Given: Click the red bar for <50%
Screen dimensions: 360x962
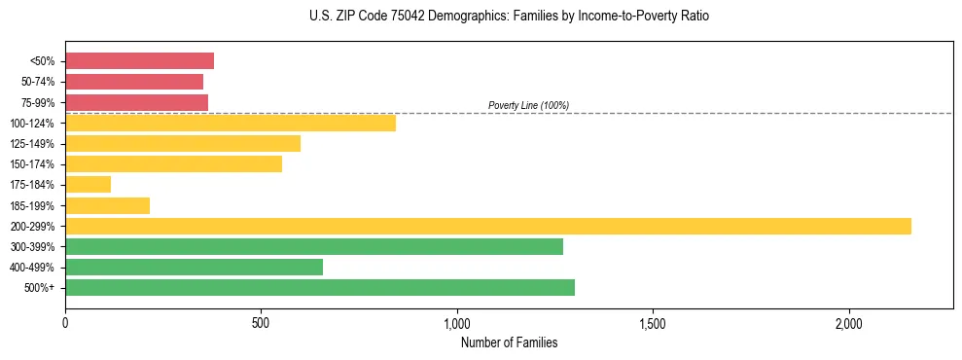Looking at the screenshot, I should pos(139,61).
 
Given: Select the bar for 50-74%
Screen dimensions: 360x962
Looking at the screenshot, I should pos(134,82).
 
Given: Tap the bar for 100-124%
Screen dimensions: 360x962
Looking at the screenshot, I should pos(231,123).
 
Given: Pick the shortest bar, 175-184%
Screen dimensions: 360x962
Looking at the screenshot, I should pos(89,184).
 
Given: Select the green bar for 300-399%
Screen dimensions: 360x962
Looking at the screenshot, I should pos(314,246).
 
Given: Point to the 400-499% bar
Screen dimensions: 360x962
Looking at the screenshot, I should pos(194,267).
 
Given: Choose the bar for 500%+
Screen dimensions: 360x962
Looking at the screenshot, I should pos(320,287).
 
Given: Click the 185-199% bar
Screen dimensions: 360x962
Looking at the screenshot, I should pos(107,205).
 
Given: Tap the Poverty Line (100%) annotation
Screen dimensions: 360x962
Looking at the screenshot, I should pos(528,105).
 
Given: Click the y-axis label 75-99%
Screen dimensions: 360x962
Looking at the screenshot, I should pos(38,103).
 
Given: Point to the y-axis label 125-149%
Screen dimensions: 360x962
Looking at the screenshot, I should pos(33,144).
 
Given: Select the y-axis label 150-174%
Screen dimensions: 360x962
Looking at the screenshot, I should pos(33,164).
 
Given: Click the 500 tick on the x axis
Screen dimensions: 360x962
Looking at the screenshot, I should pos(261,323).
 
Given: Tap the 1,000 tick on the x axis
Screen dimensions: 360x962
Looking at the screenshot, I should pos(457,323).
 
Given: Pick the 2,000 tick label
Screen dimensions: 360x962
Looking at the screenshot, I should pos(848,323).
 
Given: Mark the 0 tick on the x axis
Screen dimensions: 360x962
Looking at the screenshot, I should pos(65,323).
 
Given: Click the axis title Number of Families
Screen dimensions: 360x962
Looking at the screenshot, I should pos(509,342).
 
